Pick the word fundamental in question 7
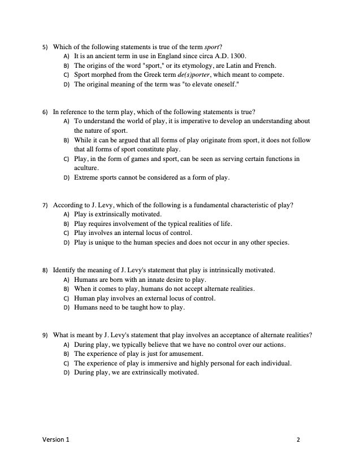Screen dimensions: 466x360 pos(202,205)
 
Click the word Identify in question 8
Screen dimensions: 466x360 pos(64,270)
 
